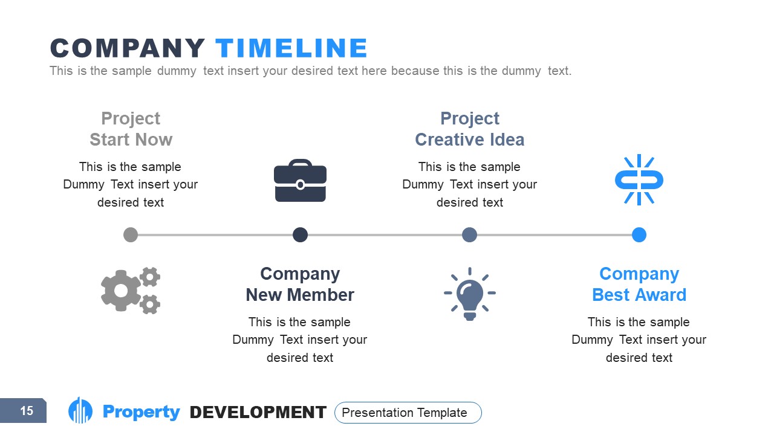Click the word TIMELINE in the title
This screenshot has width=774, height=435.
tap(291, 48)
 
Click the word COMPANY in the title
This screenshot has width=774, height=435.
tap(128, 48)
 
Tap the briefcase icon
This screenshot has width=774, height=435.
tap(300, 180)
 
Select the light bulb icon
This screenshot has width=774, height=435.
tap(470, 294)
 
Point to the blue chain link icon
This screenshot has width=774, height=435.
tap(639, 179)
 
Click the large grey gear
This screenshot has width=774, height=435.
tap(122, 291)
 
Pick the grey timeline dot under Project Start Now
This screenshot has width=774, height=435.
tap(131, 234)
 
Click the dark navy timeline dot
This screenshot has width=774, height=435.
tap(300, 234)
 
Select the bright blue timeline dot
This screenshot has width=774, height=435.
tap(639, 234)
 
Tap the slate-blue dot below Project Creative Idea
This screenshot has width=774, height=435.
tap(469, 234)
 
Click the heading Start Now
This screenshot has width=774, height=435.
tap(131, 140)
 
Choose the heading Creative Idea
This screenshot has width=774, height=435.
tap(469, 140)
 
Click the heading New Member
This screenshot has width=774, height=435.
tap(300, 295)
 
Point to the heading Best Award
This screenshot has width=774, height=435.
tap(639, 295)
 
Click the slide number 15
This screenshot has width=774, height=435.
tap(27, 411)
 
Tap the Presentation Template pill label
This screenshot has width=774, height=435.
tap(408, 413)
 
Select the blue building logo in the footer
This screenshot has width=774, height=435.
tap(80, 411)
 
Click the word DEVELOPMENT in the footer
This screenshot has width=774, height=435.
tap(258, 413)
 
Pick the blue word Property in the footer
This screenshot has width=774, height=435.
tap(141, 412)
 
